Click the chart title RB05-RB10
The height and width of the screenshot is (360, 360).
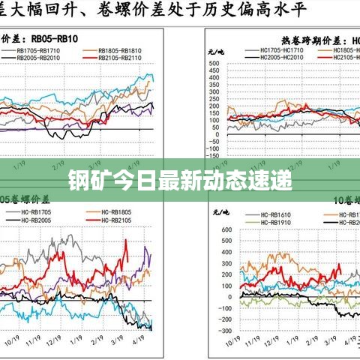point(55,37)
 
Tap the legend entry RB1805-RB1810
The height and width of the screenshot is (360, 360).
point(120,51)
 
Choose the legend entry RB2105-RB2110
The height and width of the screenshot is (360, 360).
point(120,58)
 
